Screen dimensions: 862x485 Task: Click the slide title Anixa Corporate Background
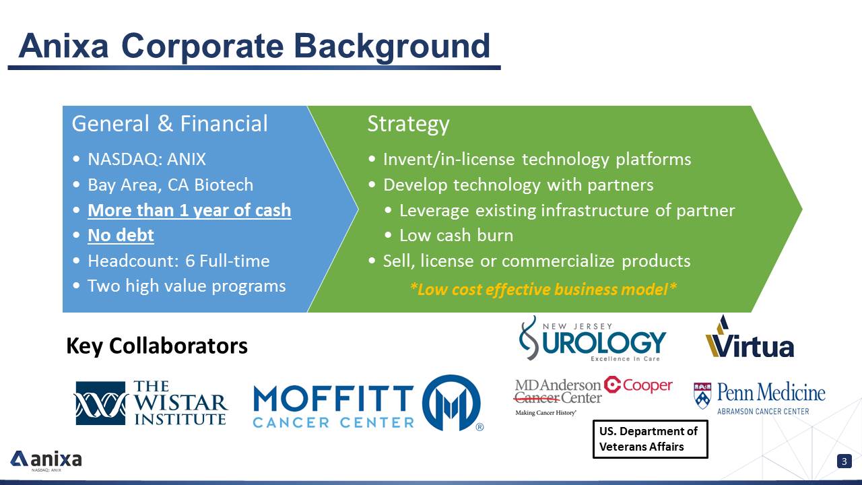click(x=255, y=46)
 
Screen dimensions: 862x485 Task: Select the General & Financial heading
click(x=170, y=123)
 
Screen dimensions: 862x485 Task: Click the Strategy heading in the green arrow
click(x=408, y=125)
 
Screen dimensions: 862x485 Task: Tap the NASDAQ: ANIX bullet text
click(x=147, y=159)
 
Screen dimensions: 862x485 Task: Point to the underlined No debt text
click(x=121, y=235)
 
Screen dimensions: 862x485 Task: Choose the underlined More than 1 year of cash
click(x=189, y=210)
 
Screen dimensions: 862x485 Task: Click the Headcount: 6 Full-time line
click(x=178, y=261)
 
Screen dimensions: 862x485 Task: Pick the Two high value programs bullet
click(x=187, y=286)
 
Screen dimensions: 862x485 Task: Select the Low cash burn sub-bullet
click(x=456, y=235)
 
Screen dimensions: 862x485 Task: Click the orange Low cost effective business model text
click(x=543, y=289)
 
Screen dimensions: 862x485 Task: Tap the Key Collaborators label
click(x=157, y=346)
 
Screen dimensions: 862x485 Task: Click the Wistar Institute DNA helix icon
click(x=100, y=403)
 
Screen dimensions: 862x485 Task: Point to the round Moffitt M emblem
click(x=451, y=403)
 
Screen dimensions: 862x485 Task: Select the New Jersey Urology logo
click(x=593, y=339)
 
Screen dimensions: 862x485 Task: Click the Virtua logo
click(x=750, y=337)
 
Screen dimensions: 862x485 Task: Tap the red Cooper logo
click(x=638, y=385)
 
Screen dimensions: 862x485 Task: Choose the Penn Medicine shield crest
click(x=702, y=395)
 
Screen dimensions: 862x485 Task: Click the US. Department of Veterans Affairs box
click(x=651, y=439)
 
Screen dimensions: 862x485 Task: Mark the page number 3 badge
click(x=844, y=461)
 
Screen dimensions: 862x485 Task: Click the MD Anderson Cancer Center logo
click(x=558, y=397)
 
